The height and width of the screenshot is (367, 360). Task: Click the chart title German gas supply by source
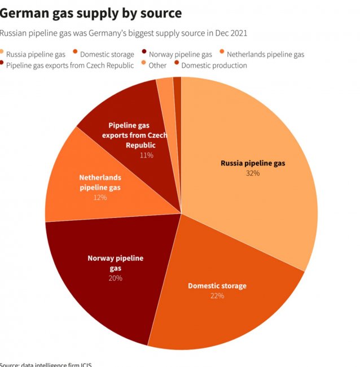pyautogui.click(x=91, y=12)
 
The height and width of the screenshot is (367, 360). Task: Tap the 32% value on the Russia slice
pyautogui.click(x=252, y=173)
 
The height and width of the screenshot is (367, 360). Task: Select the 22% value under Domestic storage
pyautogui.click(x=217, y=295)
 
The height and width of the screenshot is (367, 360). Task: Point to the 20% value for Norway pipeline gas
pyautogui.click(x=115, y=278)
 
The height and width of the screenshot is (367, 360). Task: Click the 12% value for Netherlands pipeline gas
pyautogui.click(x=100, y=198)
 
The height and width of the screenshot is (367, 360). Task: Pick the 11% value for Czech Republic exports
pyautogui.click(x=146, y=155)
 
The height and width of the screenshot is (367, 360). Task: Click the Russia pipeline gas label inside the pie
pyautogui.click(x=252, y=163)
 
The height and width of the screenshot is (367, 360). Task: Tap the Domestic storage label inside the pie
pyautogui.click(x=217, y=286)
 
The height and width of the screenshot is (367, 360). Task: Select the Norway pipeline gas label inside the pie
pyautogui.click(x=115, y=263)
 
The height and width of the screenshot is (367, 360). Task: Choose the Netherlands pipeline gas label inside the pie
pyautogui.click(x=100, y=182)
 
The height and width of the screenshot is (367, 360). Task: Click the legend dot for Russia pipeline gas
pyautogui.click(x=2, y=54)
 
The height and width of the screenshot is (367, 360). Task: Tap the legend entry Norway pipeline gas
pyautogui.click(x=180, y=54)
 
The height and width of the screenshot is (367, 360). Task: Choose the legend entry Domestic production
pyautogui.click(x=214, y=65)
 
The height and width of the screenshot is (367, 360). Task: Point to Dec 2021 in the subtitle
pyautogui.click(x=229, y=33)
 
